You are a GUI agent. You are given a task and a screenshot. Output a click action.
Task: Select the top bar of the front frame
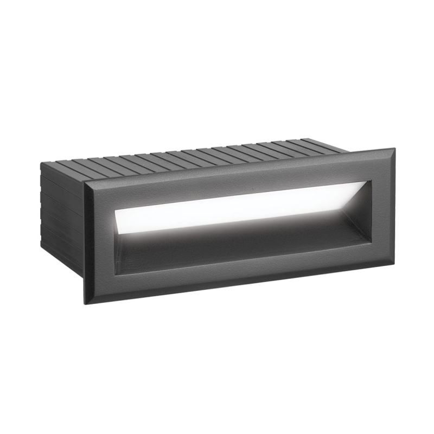point(239,172)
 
